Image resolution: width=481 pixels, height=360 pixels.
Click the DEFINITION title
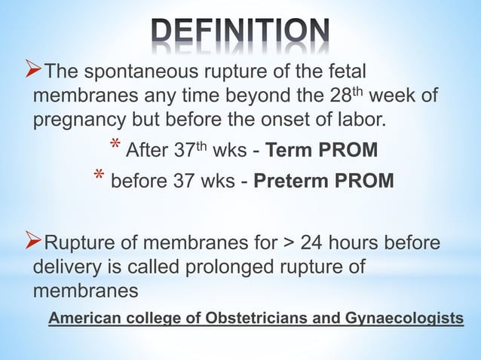(240, 32)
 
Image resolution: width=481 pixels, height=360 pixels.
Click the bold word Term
(287, 151)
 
